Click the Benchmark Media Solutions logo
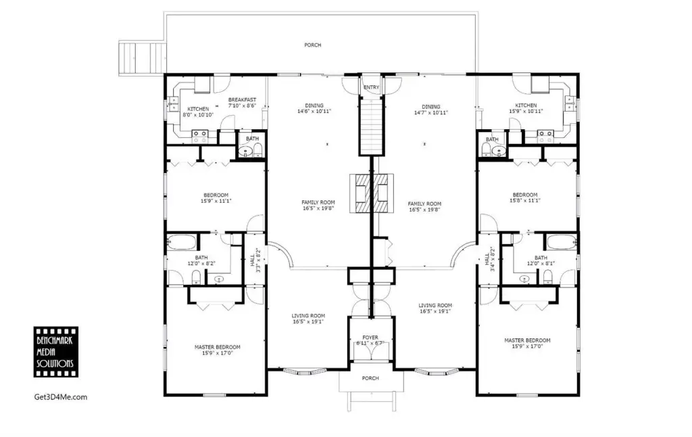click(x=56, y=352)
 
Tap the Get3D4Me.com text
click(x=60, y=397)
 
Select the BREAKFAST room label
click(x=242, y=100)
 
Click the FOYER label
click(x=370, y=338)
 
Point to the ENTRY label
click(x=371, y=87)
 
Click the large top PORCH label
click(x=312, y=45)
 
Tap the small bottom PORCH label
click(x=370, y=378)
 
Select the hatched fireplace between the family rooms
click(x=371, y=193)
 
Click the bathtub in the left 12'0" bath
click(x=181, y=242)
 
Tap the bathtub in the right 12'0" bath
click(x=562, y=242)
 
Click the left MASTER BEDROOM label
click(x=218, y=347)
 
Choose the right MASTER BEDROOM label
click(x=527, y=341)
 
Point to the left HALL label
click(x=252, y=260)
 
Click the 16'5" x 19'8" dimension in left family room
click(x=318, y=208)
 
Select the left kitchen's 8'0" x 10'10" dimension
click(x=198, y=115)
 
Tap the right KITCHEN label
click(x=526, y=106)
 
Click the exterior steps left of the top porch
click(x=142, y=58)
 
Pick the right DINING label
click(x=430, y=107)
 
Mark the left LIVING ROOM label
click(x=308, y=316)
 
